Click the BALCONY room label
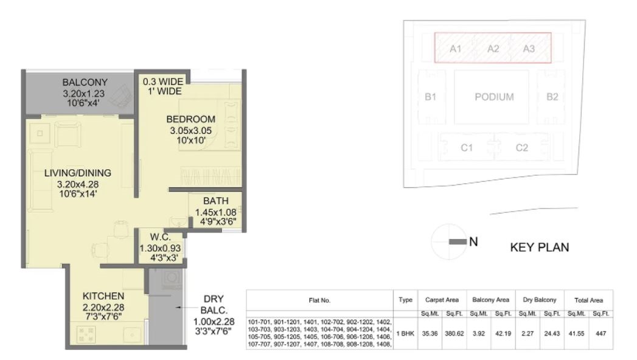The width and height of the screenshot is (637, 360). (85, 82)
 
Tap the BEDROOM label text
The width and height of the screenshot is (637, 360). (190, 119)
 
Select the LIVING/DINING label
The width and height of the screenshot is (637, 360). (78, 173)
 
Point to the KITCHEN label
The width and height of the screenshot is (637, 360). (103, 296)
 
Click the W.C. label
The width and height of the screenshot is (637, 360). (161, 237)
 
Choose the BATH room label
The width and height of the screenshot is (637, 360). (216, 201)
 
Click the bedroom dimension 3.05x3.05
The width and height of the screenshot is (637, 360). (190, 131)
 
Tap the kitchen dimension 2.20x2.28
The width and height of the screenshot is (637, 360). (103, 307)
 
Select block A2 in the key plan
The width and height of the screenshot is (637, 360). (493, 49)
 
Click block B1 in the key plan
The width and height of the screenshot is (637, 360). (430, 97)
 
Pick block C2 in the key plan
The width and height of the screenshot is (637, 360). (521, 148)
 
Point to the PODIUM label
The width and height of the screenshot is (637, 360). (494, 97)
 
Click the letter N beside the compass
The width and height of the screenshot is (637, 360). (473, 242)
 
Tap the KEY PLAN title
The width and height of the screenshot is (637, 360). (540, 247)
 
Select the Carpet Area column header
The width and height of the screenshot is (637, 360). (442, 300)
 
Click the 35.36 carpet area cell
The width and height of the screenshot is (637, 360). (430, 334)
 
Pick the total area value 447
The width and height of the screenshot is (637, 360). (600, 334)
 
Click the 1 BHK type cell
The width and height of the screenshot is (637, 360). (405, 334)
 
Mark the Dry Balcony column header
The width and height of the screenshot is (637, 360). (540, 300)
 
